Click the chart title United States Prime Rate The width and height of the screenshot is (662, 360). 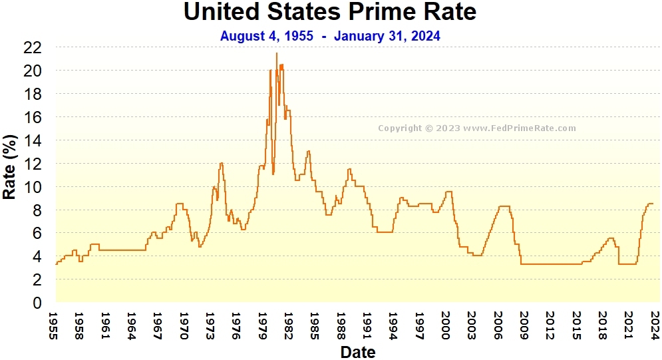pyautogui.click(x=330, y=12)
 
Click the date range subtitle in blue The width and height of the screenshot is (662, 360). pyautogui.click(x=330, y=36)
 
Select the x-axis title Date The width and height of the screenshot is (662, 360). pyautogui.click(x=357, y=351)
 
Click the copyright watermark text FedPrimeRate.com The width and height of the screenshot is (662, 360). pyautogui.click(x=477, y=128)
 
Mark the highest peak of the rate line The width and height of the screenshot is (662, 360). pyautogui.click(x=277, y=53)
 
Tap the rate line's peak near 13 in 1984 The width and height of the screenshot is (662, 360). pyautogui.click(x=308, y=151)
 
